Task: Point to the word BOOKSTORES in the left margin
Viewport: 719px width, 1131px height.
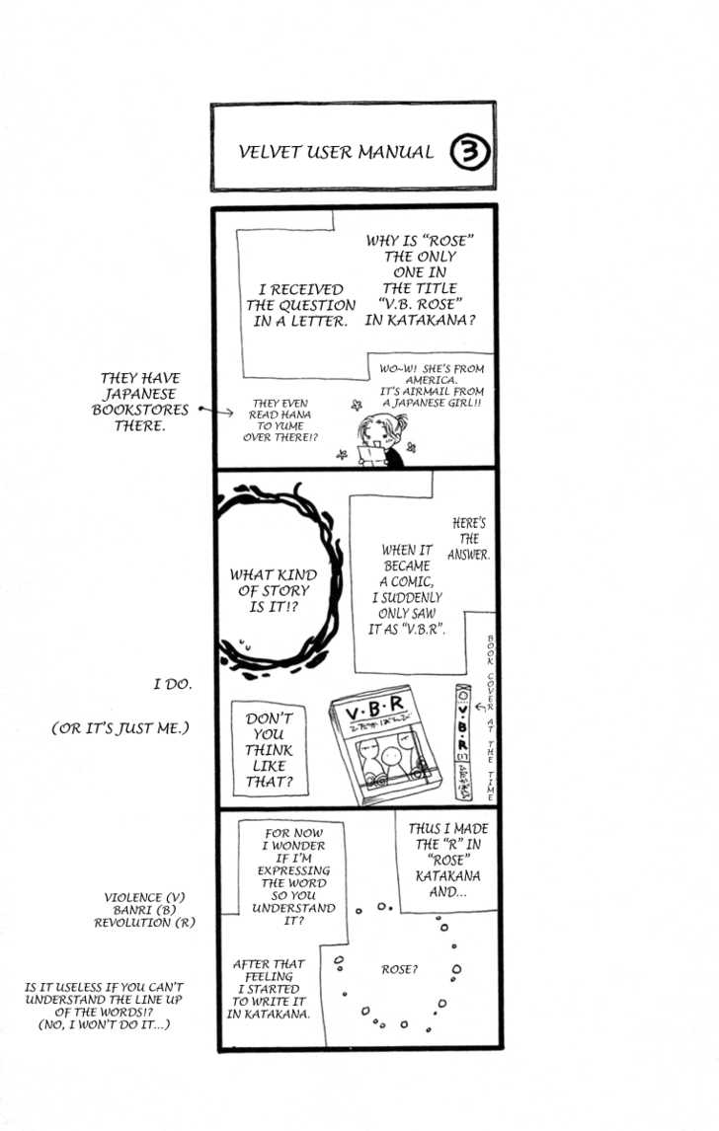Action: (x=140, y=410)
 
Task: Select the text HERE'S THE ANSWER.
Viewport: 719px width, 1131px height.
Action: (x=468, y=539)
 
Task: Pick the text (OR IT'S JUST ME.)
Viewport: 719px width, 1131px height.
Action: (x=120, y=728)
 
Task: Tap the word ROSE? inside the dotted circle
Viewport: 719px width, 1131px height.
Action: (x=399, y=970)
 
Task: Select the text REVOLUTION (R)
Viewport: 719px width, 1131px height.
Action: (x=144, y=923)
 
